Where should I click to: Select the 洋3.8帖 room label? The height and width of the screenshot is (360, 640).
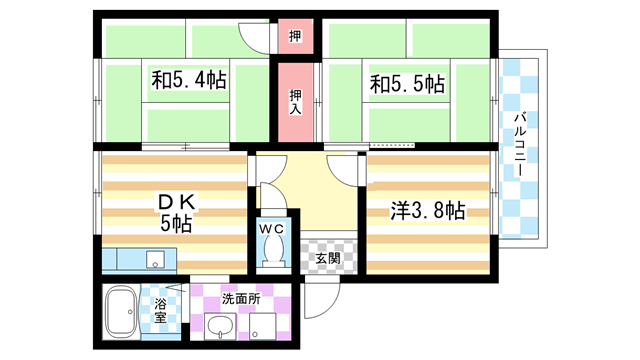tap(427, 211)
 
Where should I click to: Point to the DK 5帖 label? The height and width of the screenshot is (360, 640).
tap(172, 212)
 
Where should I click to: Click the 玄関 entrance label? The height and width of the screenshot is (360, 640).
tap(327, 259)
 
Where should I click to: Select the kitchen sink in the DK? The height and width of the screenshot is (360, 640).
tap(155, 260)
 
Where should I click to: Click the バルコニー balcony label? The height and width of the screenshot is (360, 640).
tap(520, 145)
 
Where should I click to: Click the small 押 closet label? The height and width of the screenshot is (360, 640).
tap(295, 38)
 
